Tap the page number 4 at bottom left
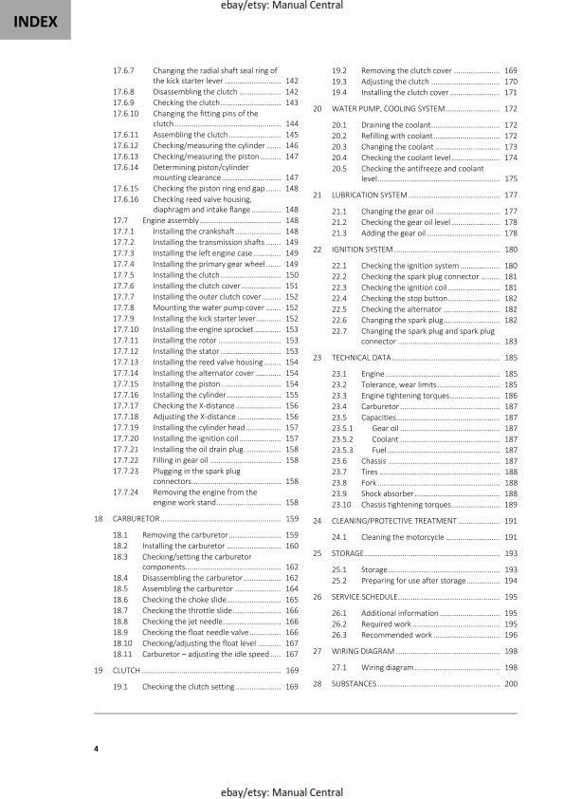point(96,750)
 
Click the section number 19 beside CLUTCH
point(100,670)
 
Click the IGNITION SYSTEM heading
point(365,249)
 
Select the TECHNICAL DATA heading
point(361,358)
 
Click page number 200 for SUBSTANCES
point(510,683)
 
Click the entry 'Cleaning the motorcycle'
point(402,537)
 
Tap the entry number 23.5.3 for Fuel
point(342,451)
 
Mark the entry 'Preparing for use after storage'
point(413,580)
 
